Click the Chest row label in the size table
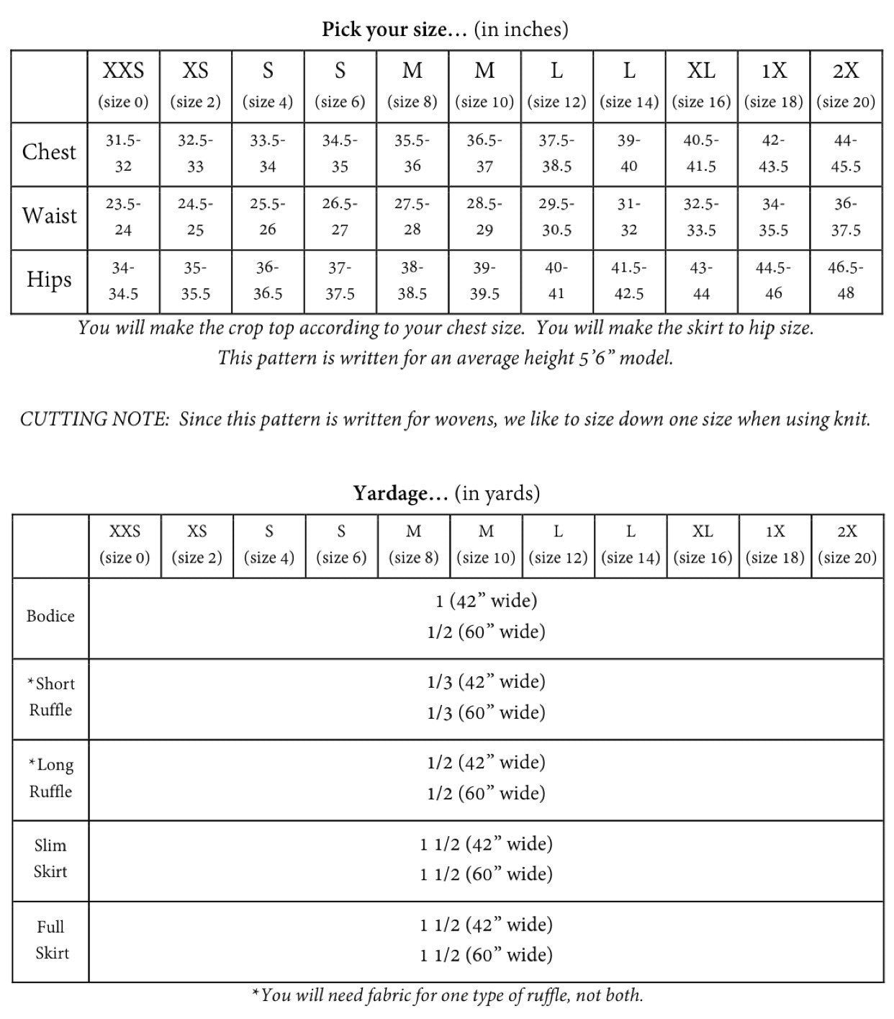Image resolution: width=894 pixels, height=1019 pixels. coord(49,152)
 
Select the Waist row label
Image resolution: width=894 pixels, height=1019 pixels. coord(49,216)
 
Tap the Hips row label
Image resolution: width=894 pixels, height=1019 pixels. coord(49,279)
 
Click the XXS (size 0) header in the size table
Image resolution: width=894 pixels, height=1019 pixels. coord(123,85)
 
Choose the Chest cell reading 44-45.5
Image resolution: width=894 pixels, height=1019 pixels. coord(846,153)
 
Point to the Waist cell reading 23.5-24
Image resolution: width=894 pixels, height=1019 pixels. coord(123,217)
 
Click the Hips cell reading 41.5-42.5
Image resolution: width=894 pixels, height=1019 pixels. coord(629,280)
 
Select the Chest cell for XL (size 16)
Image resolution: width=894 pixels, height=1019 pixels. coord(701,153)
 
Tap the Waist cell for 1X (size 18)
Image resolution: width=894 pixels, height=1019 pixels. coord(774,217)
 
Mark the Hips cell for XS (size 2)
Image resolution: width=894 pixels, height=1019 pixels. coord(195,280)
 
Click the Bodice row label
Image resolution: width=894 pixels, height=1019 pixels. coord(50,616)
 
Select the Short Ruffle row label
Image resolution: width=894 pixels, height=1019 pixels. coord(50,696)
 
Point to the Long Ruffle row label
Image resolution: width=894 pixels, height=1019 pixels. coord(50,778)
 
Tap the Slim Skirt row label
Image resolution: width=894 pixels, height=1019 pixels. coord(50,858)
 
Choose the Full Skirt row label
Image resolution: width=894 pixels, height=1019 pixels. coord(52,939)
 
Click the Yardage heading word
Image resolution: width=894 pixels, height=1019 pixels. coord(400,493)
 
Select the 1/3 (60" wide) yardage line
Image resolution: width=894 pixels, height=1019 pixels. coord(486,712)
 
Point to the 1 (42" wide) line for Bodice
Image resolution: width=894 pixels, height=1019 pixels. coord(486,601)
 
